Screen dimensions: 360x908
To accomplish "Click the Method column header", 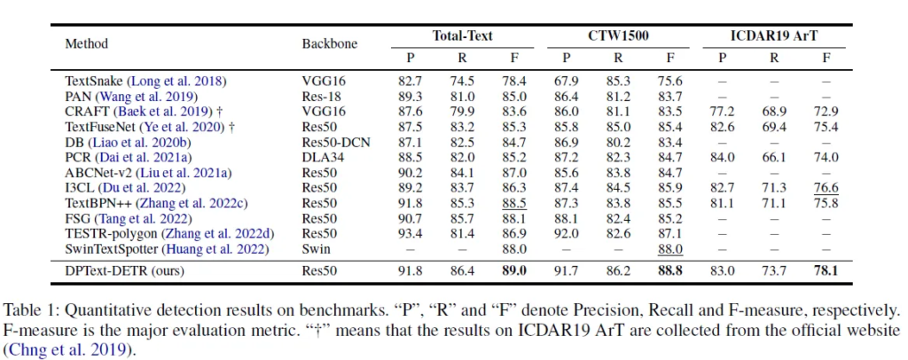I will (x=84, y=43).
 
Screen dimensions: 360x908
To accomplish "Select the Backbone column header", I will (x=327, y=43).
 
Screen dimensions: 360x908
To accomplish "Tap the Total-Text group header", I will (x=462, y=36).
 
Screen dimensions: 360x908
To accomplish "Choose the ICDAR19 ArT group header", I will (x=773, y=36).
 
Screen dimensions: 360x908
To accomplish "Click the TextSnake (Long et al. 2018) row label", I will (x=145, y=82).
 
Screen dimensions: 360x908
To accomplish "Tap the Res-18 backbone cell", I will (x=320, y=96).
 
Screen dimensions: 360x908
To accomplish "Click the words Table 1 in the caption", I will (x=28, y=311).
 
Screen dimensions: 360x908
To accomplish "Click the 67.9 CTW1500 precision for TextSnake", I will (x=564, y=82).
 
